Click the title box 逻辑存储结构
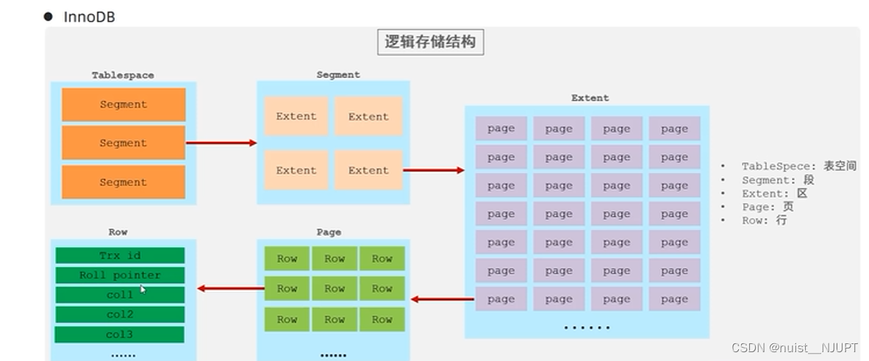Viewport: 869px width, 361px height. pyautogui.click(x=430, y=42)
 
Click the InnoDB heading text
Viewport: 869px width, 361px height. pyautogui.click(x=89, y=17)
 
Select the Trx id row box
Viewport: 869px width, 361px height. pyautogui.click(x=120, y=255)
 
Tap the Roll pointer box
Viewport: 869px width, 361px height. pyautogui.click(x=120, y=275)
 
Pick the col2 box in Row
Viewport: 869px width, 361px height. pyautogui.click(x=120, y=315)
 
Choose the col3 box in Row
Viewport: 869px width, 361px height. pyautogui.click(x=120, y=335)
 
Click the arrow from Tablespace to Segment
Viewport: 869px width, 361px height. pyautogui.click(x=221, y=143)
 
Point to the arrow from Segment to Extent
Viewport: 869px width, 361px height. pyautogui.click(x=434, y=171)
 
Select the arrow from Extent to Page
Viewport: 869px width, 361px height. pyautogui.click(x=441, y=299)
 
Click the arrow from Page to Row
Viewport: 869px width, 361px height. pyautogui.click(x=230, y=288)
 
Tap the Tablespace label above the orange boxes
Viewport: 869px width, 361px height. pyautogui.click(x=123, y=75)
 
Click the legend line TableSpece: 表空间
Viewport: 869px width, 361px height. pyautogui.click(x=798, y=166)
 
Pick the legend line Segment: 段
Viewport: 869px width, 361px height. pyautogui.click(x=777, y=180)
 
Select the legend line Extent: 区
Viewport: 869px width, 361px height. pyautogui.click(x=774, y=193)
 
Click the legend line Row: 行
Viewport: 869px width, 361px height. pyautogui.click(x=764, y=220)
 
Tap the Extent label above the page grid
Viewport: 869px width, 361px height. pyautogui.click(x=590, y=98)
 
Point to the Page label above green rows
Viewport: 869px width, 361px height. pyautogui.click(x=329, y=232)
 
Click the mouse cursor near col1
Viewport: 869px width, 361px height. pyautogui.click(x=143, y=290)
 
